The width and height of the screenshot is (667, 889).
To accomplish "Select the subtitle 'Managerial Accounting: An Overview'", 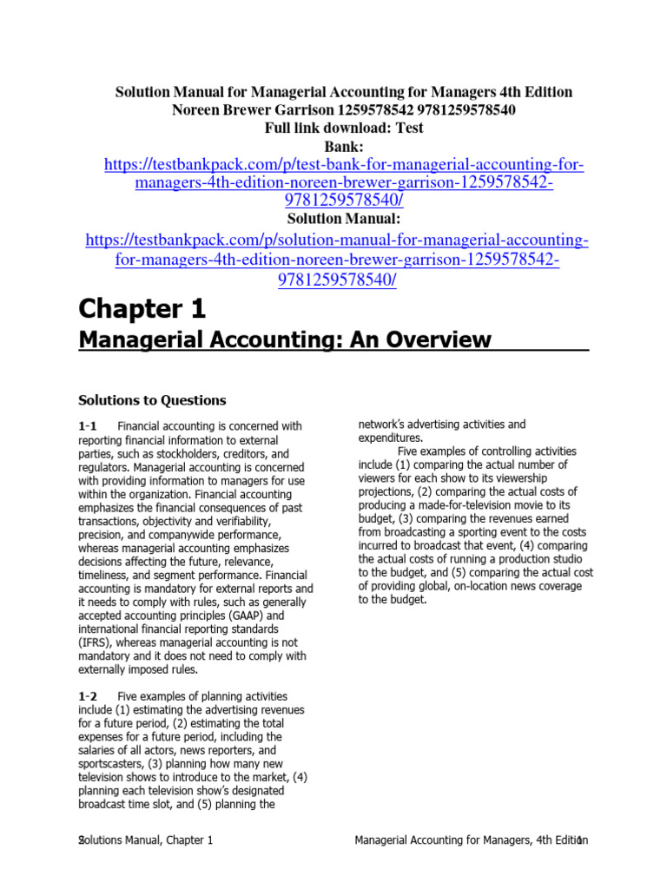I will pyautogui.click(x=285, y=339).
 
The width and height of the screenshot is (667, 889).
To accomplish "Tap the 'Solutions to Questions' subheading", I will pyautogui.click(x=152, y=400).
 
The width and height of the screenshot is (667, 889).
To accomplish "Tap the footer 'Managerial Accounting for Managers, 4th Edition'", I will pyautogui.click(x=472, y=841).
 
